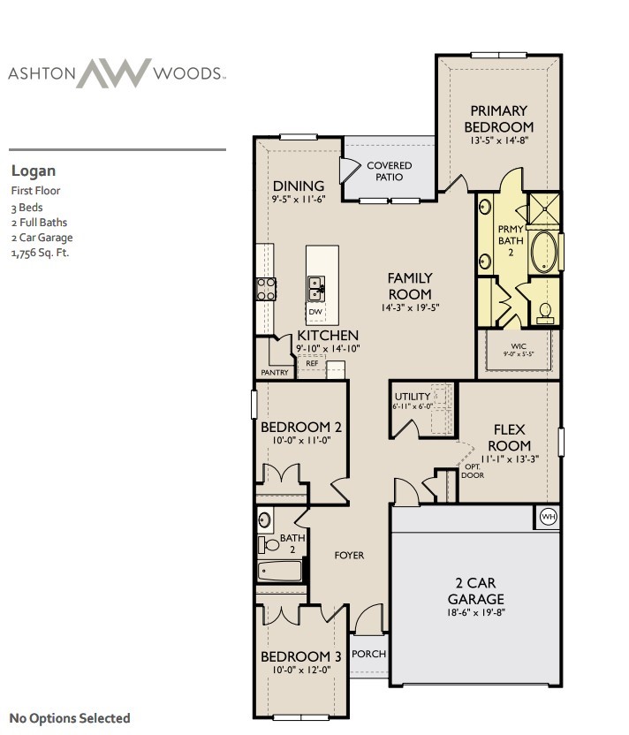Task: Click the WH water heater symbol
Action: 548,517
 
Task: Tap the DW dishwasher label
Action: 315,312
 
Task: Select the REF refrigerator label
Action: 312,363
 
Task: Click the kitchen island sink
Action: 316,289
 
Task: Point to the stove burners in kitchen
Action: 266,289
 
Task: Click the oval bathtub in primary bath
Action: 543,251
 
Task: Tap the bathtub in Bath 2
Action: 279,572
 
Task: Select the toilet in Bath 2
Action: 269,545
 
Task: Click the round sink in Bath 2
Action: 264,519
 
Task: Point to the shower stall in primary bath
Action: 543,208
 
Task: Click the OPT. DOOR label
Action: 473,471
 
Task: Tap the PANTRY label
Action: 275,373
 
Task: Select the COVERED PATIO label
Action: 389,171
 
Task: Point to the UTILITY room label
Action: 412,397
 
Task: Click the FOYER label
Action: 349,556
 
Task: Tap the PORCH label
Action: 369,654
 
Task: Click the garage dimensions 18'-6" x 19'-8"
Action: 476,612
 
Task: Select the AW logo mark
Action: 114,73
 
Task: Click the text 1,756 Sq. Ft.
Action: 41,254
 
